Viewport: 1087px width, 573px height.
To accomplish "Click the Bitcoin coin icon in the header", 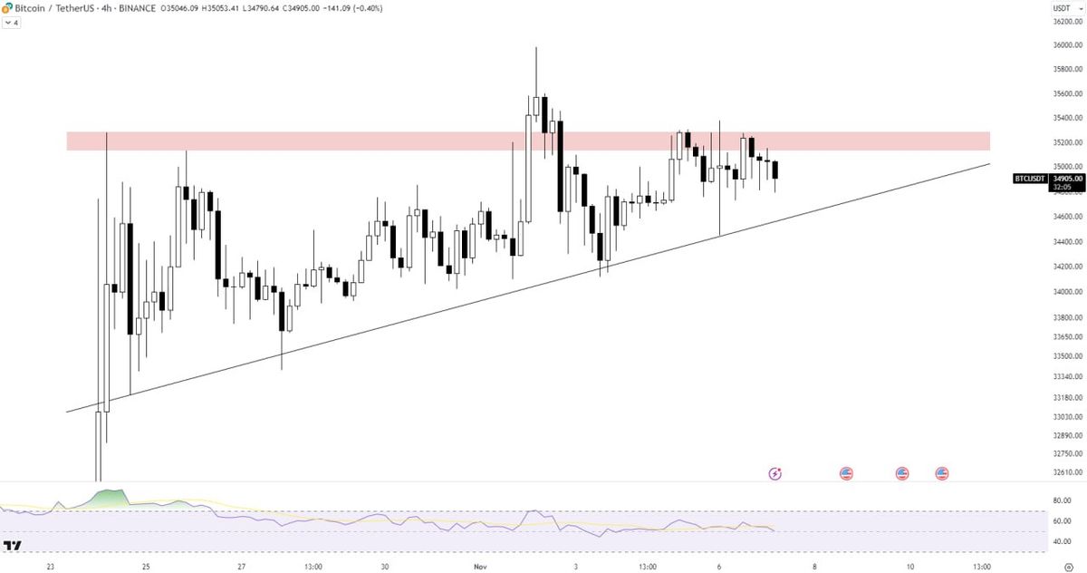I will [7, 8].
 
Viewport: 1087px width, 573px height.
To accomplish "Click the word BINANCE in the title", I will [136, 8].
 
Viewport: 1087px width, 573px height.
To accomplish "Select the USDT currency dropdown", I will [1062, 8].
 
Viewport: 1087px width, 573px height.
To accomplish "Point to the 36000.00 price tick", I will [1067, 45].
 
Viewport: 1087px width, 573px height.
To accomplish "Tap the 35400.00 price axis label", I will [1067, 118].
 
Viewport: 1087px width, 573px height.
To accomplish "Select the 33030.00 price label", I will [1067, 416].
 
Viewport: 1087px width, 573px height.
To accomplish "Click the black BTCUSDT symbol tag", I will [1029, 179].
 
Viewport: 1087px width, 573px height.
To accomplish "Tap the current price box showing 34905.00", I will [1067, 179].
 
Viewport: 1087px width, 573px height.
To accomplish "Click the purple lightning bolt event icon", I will [774, 473].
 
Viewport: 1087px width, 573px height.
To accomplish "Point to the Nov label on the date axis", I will [480, 567].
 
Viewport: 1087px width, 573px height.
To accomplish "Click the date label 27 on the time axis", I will [241, 567].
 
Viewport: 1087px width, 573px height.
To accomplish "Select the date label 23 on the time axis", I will [51, 567].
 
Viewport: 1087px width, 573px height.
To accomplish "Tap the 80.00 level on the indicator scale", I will [1062, 500].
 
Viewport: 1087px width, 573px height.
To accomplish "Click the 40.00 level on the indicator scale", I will [1062, 542].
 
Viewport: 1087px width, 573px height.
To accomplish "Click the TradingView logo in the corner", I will [13, 546].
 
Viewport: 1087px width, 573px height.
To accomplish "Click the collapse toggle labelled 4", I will [12, 22].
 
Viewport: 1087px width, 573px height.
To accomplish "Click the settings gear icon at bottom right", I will [1068, 567].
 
